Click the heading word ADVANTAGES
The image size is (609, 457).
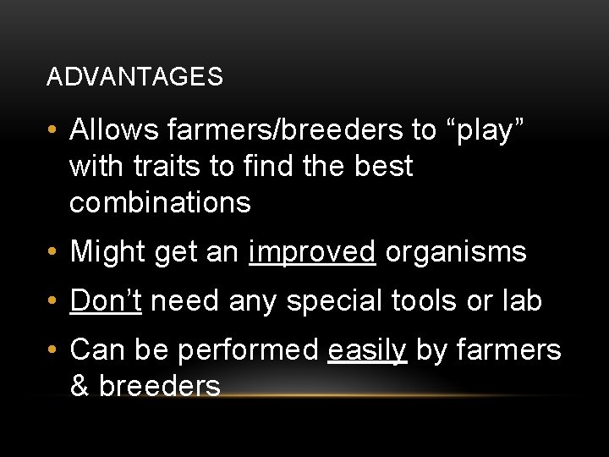[134, 77]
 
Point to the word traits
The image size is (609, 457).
[173, 166]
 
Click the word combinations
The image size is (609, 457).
[160, 202]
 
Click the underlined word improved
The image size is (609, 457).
[312, 251]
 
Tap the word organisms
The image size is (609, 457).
[455, 251]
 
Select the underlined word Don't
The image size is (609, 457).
[106, 300]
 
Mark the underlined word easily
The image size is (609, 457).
[366, 349]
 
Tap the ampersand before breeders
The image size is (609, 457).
[80, 386]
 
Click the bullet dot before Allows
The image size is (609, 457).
[52, 131]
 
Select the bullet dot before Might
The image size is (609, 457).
[52, 252]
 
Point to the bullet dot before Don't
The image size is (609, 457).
[52, 301]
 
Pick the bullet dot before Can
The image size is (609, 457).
[52, 350]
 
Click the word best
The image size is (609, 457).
[383, 166]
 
